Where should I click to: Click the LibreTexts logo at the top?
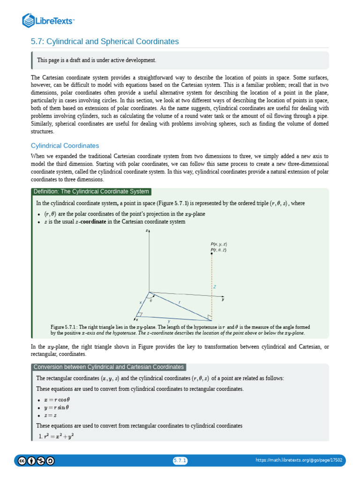coord(49,20)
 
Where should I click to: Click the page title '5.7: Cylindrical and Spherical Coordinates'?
coord(105,42)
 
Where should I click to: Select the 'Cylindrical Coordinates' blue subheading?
coord(65,146)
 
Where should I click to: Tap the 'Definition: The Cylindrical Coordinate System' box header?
coord(91,191)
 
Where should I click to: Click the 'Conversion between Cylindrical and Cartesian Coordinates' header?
coord(109,367)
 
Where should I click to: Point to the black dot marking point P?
coord(212,254)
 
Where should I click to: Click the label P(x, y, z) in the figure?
coord(219,244)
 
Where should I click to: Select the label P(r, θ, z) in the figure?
coord(219,250)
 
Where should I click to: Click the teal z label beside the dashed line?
coord(215,286)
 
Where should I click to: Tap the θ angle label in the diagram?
coord(151,300)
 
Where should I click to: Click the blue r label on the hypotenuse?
coord(179,303)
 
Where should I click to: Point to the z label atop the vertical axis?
coord(147,231)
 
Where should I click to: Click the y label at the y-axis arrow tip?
coord(223,299)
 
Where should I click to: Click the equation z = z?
coord(50,415)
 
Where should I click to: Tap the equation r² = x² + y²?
coord(59,436)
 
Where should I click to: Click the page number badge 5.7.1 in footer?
coord(180,461)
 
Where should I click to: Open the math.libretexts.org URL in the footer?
coord(299,461)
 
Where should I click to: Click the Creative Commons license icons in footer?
coord(36,461)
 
